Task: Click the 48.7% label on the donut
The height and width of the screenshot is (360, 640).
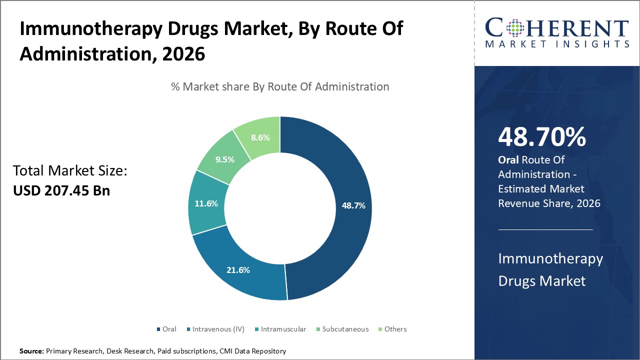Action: (353, 205)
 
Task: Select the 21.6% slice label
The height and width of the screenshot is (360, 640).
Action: (238, 270)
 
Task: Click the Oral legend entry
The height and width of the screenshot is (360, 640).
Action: (166, 329)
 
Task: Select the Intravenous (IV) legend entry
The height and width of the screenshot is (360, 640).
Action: (215, 329)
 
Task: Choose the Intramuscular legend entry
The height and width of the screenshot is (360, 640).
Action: (279, 329)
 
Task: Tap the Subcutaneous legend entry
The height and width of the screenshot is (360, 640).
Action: (341, 329)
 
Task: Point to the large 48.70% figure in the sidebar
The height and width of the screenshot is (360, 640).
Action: (542, 137)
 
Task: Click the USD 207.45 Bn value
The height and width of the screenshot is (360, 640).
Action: (61, 190)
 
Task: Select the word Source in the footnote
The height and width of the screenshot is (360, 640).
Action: (31, 351)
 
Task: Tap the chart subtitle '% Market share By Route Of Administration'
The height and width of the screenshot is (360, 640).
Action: (280, 86)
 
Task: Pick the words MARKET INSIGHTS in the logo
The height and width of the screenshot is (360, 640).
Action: (556, 44)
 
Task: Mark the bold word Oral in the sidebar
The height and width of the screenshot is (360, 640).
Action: (508, 160)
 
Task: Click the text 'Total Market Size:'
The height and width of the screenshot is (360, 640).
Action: (70, 171)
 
